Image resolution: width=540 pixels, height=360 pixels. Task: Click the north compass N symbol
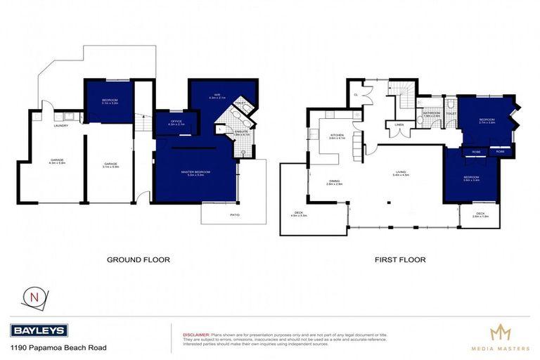(32, 296)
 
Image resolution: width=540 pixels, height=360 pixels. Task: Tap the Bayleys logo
(39, 330)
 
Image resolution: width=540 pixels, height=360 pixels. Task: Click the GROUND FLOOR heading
(138, 259)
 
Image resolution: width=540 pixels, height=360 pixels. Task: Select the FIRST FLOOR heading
(400, 259)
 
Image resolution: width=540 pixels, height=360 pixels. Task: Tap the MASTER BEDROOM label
(195, 172)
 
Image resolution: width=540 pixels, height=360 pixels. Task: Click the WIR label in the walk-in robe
(218, 95)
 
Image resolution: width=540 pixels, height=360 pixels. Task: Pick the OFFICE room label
(177, 122)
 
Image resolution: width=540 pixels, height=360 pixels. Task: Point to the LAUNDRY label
(61, 126)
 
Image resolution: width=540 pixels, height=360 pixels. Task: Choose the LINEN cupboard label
(399, 126)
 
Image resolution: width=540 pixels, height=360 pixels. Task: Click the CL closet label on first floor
(356, 94)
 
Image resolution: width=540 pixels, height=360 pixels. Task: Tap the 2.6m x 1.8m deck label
(480, 215)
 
